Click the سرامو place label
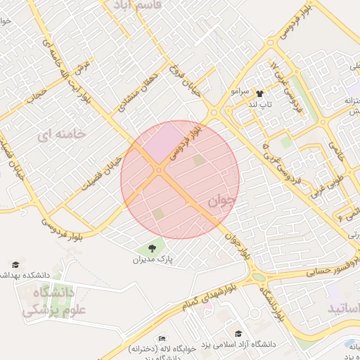click(x=240, y=92)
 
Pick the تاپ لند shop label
click(x=258, y=104)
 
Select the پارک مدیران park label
click(x=153, y=259)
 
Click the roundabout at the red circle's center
click(x=160, y=170)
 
